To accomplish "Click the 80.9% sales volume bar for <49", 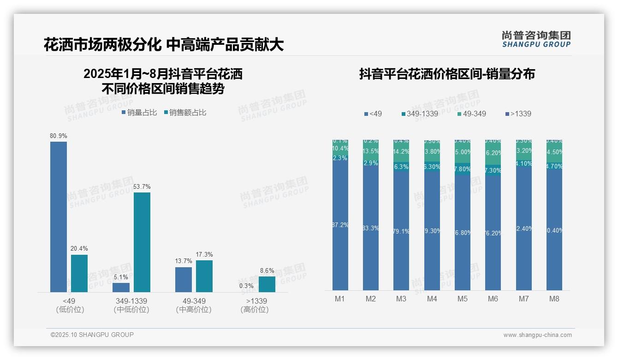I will (x=59, y=216).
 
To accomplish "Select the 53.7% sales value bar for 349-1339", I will (x=142, y=242).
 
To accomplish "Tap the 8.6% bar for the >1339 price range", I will (x=267, y=284).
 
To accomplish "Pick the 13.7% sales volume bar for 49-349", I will (x=184, y=279).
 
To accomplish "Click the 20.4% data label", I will (x=79, y=249).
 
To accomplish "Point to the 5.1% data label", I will (x=121, y=277).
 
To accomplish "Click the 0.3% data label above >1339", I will (x=246, y=286).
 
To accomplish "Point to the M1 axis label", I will (x=340, y=299).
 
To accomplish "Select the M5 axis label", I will (x=463, y=299).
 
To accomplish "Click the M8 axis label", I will (x=554, y=299).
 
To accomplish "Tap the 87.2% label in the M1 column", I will (x=340, y=225).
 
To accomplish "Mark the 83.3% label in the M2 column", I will (x=371, y=228).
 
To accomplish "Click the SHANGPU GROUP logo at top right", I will (x=536, y=39).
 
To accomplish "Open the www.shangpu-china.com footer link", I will (x=537, y=335).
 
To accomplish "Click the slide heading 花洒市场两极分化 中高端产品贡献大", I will (x=163, y=45).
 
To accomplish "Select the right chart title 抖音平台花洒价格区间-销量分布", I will (x=447, y=74).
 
